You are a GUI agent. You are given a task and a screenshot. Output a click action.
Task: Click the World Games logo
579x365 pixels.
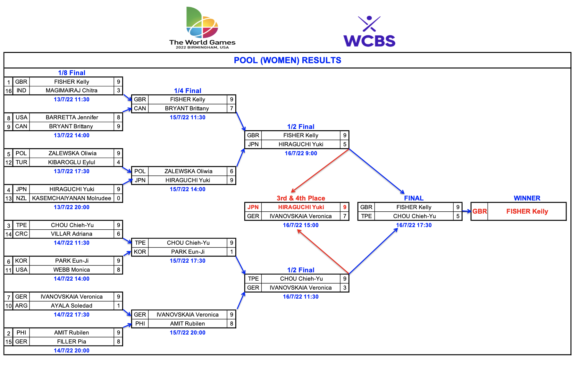pos(202,28)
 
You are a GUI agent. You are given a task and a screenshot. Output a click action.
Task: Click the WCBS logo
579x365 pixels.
pos(369,31)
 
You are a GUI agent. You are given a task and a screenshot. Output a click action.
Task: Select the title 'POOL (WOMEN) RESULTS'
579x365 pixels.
pos(287,60)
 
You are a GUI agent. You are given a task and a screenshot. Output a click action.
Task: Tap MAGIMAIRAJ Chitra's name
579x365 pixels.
pos(71,90)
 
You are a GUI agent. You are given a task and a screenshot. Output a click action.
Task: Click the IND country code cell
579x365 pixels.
pos(21,90)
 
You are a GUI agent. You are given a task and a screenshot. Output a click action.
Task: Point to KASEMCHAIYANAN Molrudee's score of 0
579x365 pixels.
pos(119,198)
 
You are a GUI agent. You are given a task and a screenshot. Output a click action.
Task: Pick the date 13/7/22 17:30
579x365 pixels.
pos(71,171)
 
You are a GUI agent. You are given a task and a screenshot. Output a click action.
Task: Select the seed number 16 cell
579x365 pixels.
pos(9,91)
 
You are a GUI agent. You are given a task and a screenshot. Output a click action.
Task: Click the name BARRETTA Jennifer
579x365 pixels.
pos(72,117)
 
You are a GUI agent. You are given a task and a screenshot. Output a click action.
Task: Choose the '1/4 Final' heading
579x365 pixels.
pos(188,91)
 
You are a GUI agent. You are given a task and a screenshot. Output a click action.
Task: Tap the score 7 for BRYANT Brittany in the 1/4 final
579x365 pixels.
pos(231,108)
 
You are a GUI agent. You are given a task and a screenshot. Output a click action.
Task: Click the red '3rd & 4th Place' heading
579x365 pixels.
pos(301,198)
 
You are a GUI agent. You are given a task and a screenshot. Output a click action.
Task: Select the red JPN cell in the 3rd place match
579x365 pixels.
pos(253,207)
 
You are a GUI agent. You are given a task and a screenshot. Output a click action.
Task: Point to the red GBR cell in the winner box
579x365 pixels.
pos(480,211)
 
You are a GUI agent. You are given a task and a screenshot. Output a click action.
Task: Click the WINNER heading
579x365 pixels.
pos(527,198)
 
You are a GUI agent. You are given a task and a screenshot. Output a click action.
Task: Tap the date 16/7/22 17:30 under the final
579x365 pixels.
pos(414,225)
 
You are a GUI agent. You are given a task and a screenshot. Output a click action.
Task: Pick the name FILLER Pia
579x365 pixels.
pos(71,342)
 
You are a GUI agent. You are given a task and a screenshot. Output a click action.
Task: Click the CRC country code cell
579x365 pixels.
pos(21,234)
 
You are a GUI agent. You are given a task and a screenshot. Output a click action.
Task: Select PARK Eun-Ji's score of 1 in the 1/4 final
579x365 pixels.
pos(231,252)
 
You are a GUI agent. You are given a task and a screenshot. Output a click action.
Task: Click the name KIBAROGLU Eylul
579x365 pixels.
pos(71,162)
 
